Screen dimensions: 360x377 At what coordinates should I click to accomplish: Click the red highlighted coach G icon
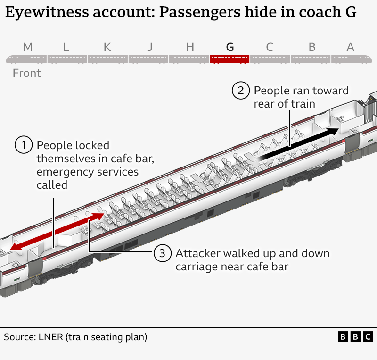(229, 59)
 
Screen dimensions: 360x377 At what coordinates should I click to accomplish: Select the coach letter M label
(28, 47)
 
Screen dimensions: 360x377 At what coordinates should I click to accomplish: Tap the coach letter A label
(350, 47)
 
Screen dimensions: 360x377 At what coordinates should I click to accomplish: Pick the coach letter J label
(149, 47)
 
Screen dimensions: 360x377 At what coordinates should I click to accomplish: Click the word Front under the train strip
(27, 73)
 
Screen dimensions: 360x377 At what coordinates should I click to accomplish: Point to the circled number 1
(24, 145)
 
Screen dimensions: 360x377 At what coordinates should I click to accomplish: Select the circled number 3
(162, 254)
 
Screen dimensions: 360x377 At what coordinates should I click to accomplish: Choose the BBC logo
(355, 337)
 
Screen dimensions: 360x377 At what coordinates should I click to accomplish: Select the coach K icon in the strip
(108, 59)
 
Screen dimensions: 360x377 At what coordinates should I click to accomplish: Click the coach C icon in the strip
(270, 59)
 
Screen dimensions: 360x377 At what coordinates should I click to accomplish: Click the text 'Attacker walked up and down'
(252, 253)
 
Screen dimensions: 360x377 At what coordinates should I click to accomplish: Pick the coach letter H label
(190, 47)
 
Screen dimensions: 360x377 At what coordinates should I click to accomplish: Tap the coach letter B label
(311, 47)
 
